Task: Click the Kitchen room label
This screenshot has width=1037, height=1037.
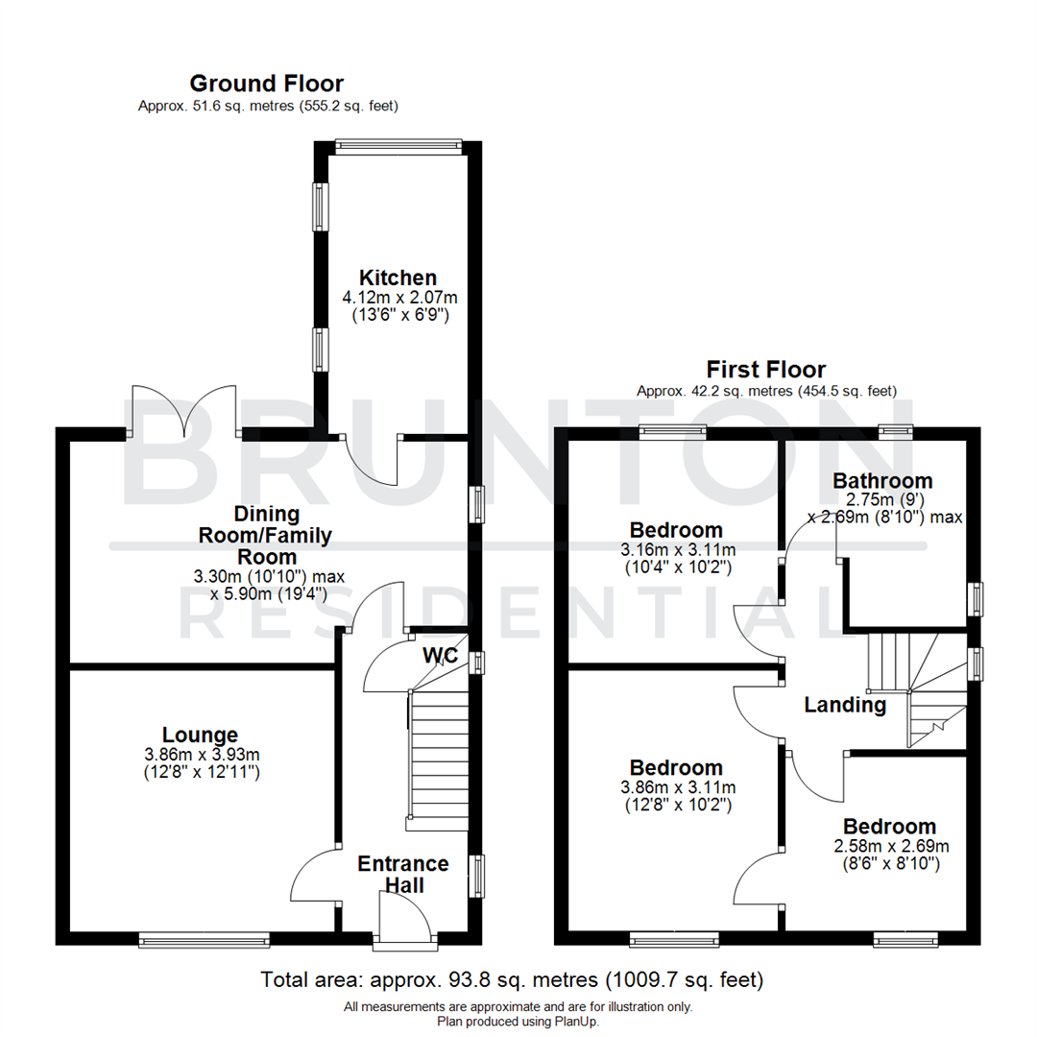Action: point(398,277)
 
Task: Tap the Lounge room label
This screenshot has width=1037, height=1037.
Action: point(200,736)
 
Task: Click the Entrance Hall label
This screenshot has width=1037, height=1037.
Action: point(403,874)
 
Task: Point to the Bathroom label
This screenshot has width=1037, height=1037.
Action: point(882,480)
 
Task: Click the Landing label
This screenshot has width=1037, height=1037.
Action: point(845,706)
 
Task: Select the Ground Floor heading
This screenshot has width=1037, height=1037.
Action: point(266,84)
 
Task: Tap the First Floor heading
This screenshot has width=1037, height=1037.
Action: point(766,370)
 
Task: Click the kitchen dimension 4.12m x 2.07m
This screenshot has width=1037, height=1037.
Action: point(397,298)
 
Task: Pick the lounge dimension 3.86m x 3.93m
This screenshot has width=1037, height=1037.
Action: point(201,755)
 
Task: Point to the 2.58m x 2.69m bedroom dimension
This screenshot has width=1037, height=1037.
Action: point(889,846)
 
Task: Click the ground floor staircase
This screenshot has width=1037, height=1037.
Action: point(437,759)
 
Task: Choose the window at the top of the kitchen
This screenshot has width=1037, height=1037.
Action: point(398,146)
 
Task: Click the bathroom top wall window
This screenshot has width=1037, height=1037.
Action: point(895,430)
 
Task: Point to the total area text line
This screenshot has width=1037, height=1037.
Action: point(513,980)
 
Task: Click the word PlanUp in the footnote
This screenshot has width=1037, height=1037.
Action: point(577,1022)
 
